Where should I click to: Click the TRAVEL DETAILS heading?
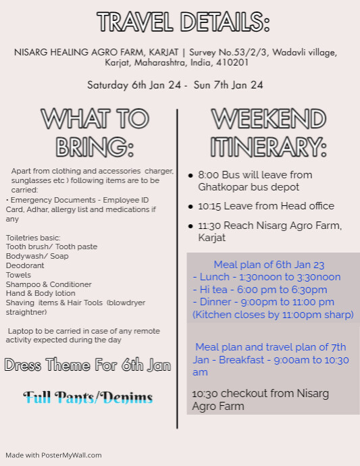(x=183, y=22)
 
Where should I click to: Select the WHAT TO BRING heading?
(x=94, y=132)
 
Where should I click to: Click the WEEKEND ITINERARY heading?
(x=268, y=132)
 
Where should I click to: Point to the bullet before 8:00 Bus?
(x=190, y=175)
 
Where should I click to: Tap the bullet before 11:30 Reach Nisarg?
(x=190, y=226)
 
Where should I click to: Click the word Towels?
(x=20, y=276)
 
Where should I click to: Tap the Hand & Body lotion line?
(x=41, y=294)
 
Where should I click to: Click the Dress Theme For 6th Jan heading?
(x=87, y=366)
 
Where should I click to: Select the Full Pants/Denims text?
(x=88, y=397)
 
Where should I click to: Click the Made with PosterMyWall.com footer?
(x=54, y=455)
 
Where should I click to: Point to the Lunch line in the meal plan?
(x=267, y=277)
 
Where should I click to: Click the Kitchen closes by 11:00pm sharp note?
(x=273, y=315)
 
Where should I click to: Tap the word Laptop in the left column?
(x=20, y=330)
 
